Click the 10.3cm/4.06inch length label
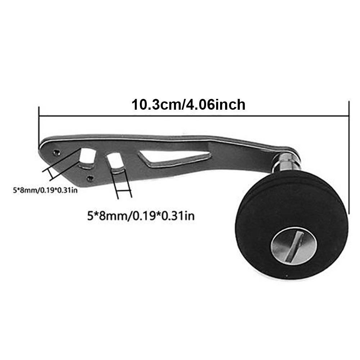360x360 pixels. click(x=188, y=105)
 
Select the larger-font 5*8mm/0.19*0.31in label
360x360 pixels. click(x=141, y=216)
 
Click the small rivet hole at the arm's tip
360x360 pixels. click(x=56, y=152)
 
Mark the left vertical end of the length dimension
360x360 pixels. click(x=38, y=124)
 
